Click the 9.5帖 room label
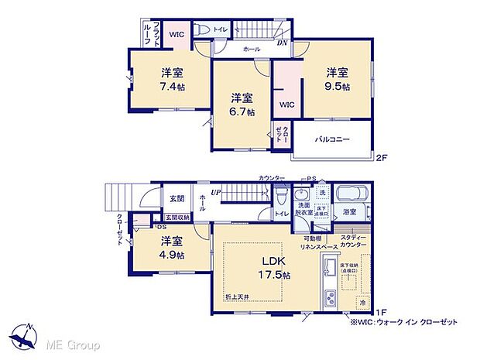(337, 79)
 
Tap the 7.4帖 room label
(172, 79)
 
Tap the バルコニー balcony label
(332, 140)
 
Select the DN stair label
(283, 43)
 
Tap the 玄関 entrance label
(177, 199)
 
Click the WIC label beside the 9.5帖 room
(287, 104)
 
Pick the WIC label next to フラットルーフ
(177, 34)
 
